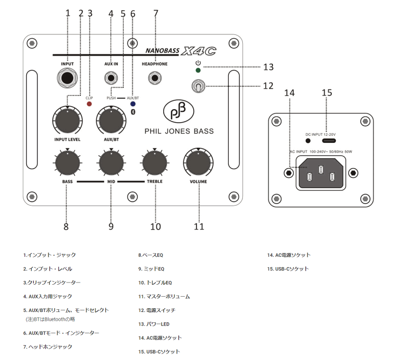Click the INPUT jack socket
[x=68, y=80]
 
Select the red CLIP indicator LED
[x=90, y=104]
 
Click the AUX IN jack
[x=111, y=80]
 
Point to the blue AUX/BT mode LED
[x=133, y=104]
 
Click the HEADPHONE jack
[x=155, y=80]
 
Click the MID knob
[x=111, y=163]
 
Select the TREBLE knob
[x=155, y=163]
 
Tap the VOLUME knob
[x=198, y=163]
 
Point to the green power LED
[x=198, y=70]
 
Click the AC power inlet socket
[x=320, y=173]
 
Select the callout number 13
[x=268, y=67]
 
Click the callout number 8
[x=67, y=226]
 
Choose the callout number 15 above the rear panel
[x=326, y=93]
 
